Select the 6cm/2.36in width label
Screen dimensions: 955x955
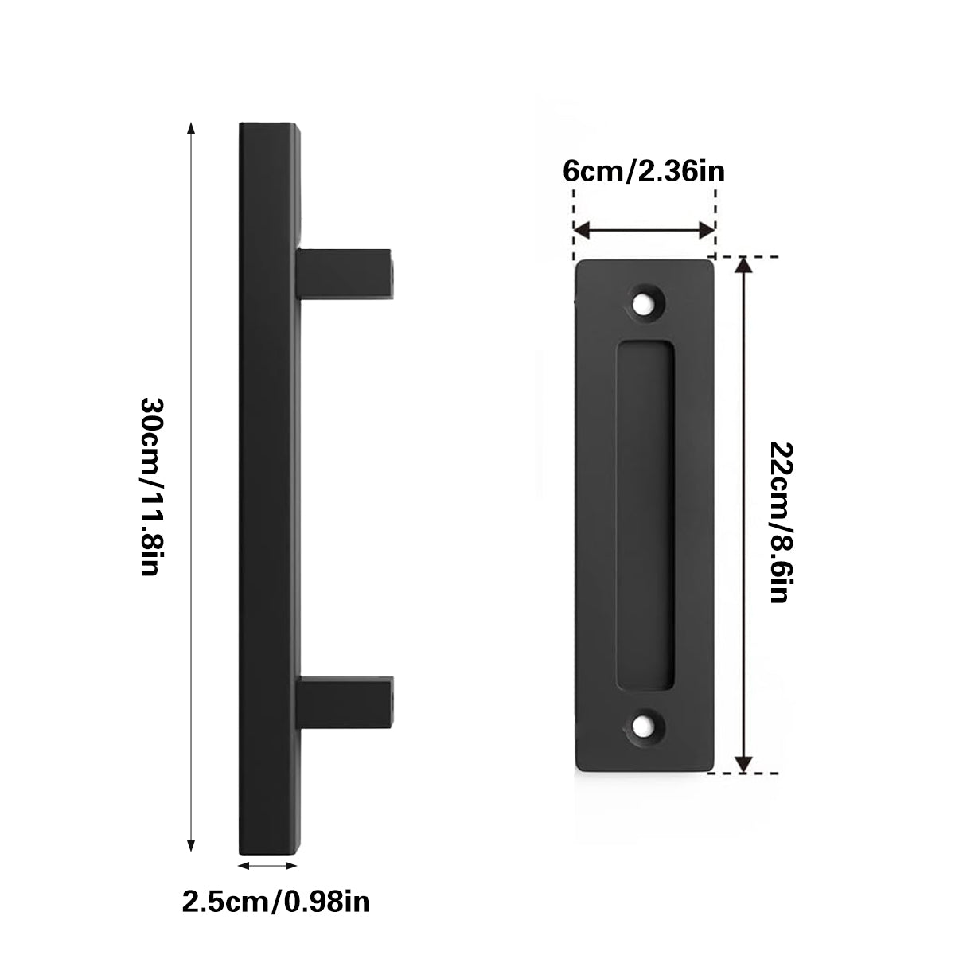[x=643, y=172]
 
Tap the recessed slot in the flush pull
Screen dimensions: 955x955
[x=645, y=513]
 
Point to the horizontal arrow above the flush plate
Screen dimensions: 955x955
[x=643, y=231]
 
